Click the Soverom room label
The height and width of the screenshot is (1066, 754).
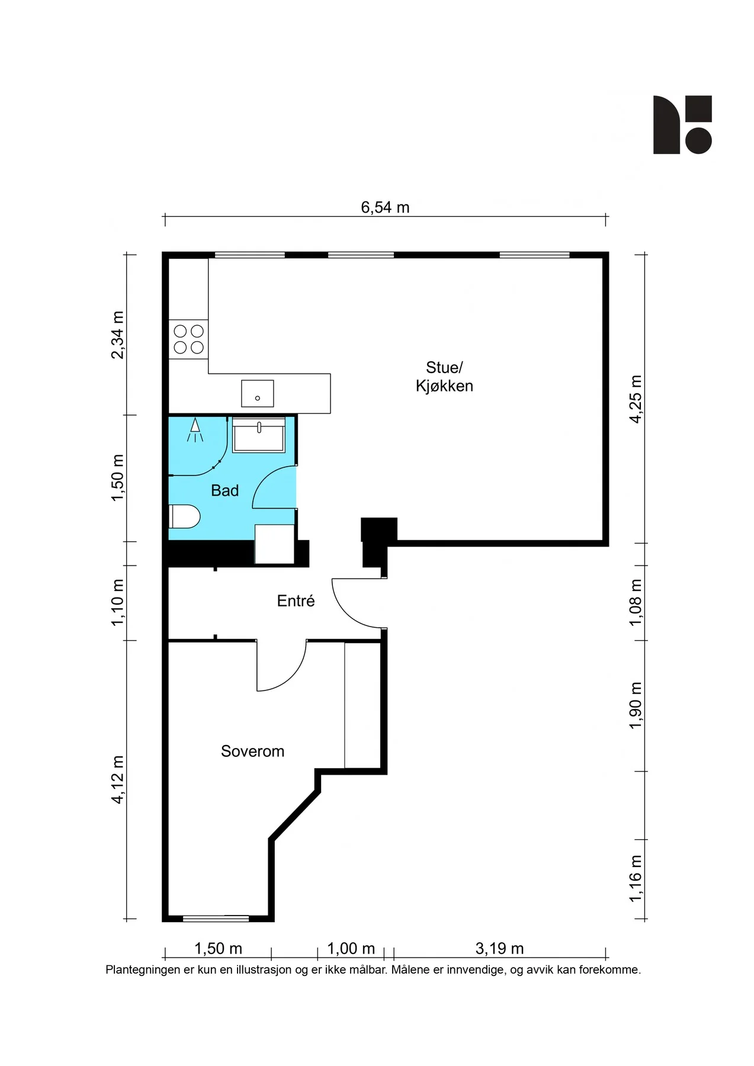point(252,751)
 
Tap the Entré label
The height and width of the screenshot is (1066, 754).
point(296,601)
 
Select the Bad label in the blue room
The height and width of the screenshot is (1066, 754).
point(225,490)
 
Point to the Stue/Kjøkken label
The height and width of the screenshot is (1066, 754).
point(444,377)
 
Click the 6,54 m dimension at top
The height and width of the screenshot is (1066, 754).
point(385,207)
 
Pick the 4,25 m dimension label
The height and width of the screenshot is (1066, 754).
point(636,399)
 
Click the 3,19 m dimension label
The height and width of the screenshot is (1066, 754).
point(499,949)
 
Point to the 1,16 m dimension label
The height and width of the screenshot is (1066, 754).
point(636,879)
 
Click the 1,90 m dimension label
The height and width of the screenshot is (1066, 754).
point(636,706)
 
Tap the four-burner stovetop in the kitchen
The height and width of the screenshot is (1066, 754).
point(188,339)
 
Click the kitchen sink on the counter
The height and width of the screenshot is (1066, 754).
point(258,393)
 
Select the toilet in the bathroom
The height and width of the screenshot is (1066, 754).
point(184,516)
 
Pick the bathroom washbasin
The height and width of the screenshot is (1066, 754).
point(259,435)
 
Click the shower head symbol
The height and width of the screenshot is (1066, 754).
point(195,430)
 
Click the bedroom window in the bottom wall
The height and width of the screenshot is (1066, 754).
point(216,919)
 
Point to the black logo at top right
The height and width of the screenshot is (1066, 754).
point(682,125)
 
